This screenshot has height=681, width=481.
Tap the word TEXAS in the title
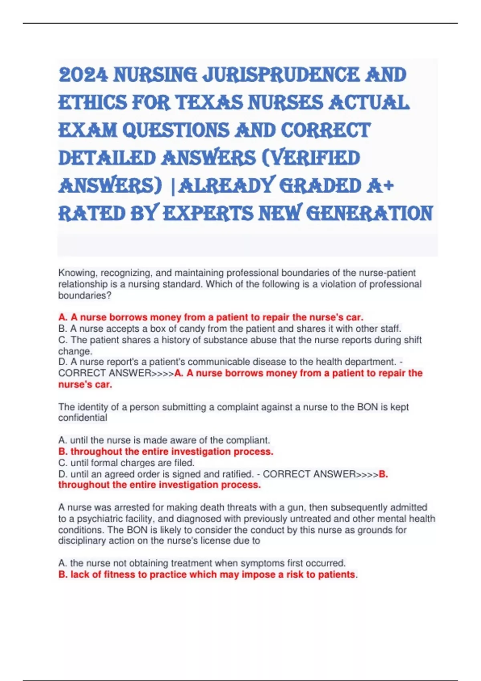click(x=210, y=103)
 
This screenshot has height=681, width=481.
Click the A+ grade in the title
click(x=380, y=185)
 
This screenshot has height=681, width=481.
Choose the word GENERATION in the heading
click(x=370, y=213)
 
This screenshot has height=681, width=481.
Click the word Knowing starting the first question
click(x=78, y=273)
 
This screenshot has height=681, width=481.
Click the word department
click(x=370, y=362)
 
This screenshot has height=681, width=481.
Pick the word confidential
click(x=83, y=418)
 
